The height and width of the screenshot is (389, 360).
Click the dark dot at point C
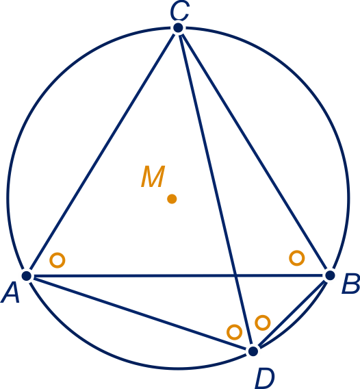(178, 27)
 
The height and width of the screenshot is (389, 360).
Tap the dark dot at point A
(27, 275)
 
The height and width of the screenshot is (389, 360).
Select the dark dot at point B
(330, 275)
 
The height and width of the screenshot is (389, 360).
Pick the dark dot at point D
(253, 351)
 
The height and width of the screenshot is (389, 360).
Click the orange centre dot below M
(172, 199)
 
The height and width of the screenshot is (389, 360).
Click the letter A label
(10, 294)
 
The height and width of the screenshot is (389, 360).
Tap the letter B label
(350, 284)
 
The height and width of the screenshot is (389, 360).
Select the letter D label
(265, 379)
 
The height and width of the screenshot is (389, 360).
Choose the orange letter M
(153, 176)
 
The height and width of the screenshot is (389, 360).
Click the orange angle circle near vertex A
(57, 260)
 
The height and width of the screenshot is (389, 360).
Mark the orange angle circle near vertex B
(297, 258)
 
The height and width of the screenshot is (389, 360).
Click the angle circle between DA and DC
(235, 332)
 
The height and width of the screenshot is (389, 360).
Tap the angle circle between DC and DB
(263, 323)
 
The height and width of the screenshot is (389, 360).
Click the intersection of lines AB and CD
(235, 275)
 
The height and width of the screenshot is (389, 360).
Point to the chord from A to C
(102, 151)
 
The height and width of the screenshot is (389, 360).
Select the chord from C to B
(254, 151)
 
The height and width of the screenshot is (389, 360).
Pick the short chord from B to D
(292, 314)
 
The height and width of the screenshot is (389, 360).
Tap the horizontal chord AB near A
(75, 275)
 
